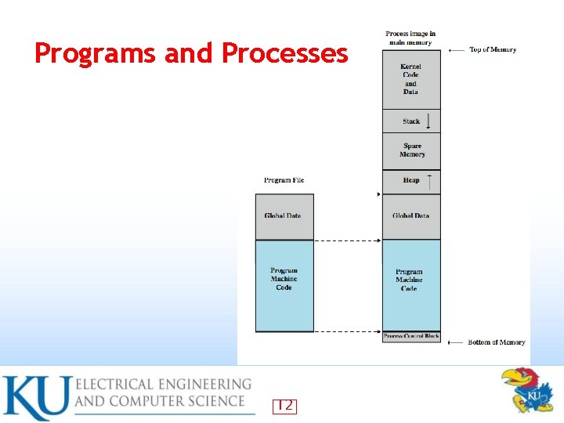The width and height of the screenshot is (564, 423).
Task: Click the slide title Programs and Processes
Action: [x=191, y=53]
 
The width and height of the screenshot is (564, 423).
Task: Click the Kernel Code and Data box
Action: [x=411, y=79]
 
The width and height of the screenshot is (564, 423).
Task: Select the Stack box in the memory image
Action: [x=411, y=121]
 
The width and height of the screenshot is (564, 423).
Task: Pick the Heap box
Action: [x=411, y=181]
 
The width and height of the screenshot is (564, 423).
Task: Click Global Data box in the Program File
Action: [x=283, y=216]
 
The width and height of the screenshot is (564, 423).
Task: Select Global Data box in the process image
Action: [x=411, y=216]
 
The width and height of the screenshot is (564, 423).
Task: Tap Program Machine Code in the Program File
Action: [x=284, y=280]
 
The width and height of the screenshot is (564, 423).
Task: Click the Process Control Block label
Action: [x=411, y=337]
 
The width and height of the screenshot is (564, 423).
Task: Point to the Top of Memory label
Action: [x=493, y=50]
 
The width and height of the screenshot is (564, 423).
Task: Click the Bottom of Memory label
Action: [x=496, y=342]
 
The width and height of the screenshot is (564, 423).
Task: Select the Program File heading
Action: [x=284, y=180]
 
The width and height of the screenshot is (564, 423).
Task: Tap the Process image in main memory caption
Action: [x=410, y=38]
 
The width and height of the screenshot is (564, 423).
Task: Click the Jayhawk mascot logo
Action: [x=526, y=389]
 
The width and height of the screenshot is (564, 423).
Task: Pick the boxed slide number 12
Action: [x=284, y=406]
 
